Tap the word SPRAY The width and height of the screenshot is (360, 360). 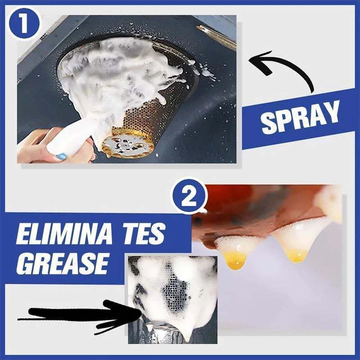(x=301, y=117)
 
